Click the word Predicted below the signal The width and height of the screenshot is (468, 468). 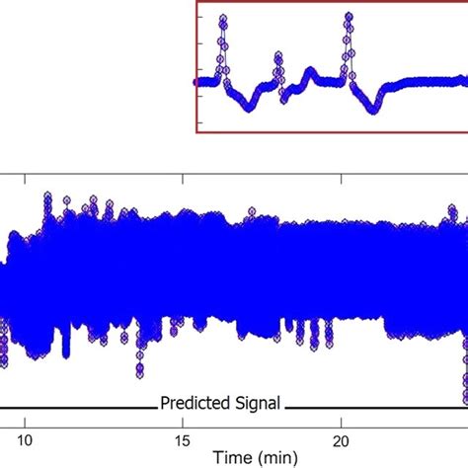point(196,403)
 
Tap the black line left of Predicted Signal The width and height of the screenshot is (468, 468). point(79,406)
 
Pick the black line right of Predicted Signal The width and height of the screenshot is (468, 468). point(375,406)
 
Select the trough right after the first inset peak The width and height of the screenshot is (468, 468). point(247,107)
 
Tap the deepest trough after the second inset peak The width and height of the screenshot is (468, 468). point(372,109)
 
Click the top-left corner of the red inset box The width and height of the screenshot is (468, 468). point(197,3)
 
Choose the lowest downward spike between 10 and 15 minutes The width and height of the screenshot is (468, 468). point(140,375)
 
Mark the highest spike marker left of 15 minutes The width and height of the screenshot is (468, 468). point(47,197)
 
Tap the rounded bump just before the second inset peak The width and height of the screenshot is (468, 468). point(310,72)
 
